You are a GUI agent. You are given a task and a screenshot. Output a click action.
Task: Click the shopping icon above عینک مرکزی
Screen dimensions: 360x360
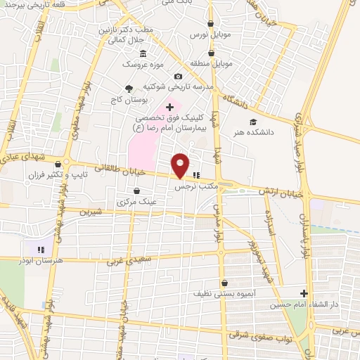click(136, 191)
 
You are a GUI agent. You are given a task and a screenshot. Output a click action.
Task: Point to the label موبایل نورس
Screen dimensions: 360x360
click(207, 34)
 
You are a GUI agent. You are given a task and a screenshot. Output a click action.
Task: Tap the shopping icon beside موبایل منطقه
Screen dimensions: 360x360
click(212, 52)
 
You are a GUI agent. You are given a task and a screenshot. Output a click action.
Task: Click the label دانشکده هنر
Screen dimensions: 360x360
click(255, 131)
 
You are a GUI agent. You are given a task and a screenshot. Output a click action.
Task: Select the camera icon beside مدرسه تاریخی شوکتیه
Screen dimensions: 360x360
click(178, 76)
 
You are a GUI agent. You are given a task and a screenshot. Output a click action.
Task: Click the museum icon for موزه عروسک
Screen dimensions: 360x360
click(143, 54)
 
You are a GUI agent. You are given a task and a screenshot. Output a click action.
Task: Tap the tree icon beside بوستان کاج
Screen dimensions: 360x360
click(129, 87)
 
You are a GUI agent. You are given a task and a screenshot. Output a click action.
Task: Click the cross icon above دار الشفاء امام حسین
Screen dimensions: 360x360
click(304, 293)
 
